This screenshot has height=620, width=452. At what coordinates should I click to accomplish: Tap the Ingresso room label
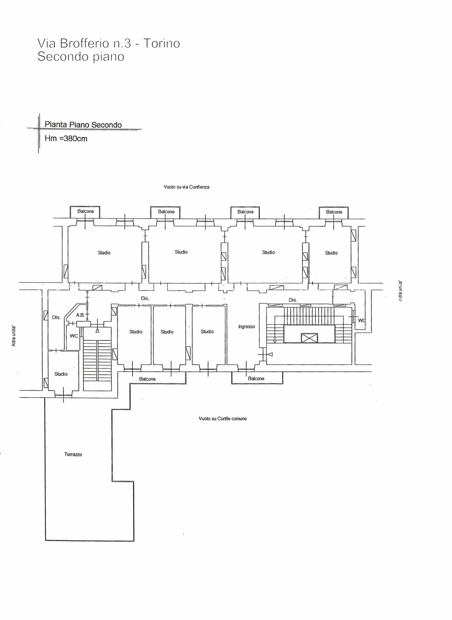coord(246,327)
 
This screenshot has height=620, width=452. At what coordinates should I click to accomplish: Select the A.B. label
coord(81,315)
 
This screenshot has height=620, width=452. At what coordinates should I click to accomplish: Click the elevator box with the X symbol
coord(309,338)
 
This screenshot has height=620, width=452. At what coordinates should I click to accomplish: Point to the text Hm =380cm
coord(66,139)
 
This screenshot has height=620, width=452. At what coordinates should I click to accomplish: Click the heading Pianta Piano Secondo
coord(83,125)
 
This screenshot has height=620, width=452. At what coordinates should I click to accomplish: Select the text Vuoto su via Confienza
coord(186,187)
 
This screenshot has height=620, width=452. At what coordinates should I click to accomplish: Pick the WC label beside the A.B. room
coord(74,336)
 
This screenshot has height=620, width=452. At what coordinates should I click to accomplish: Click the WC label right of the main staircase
coord(362,320)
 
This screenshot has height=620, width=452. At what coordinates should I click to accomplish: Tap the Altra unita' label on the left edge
coord(13,336)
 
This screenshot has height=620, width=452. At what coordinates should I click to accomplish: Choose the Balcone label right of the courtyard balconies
coord(256,379)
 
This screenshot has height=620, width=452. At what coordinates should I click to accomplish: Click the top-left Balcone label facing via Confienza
coord(86,211)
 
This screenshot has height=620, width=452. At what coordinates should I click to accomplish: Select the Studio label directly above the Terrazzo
coord(61,374)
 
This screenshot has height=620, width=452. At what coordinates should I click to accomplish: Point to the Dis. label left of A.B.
coord(56,317)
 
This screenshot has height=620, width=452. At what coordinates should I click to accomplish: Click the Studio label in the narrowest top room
coord(331,253)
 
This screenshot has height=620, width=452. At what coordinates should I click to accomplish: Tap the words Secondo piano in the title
coord(81,57)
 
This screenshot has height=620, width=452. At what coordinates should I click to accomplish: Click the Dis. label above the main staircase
coord(293,300)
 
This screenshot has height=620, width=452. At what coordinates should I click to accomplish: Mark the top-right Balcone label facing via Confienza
coord(334,212)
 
